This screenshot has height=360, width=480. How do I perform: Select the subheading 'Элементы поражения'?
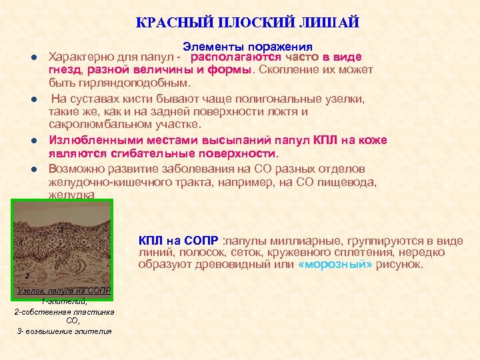coord(247,47)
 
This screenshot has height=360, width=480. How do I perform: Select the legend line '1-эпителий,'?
coord(64,301)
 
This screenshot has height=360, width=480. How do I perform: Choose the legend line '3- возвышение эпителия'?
coord(64,331)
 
